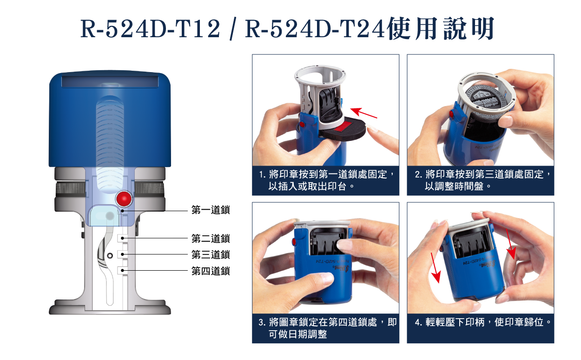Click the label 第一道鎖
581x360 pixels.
211,210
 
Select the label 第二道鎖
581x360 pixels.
211,239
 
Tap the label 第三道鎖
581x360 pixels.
211,254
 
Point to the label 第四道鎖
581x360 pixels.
211,271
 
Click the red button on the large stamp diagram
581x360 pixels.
124,199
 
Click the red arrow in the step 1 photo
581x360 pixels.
363,113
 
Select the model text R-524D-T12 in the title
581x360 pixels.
151,28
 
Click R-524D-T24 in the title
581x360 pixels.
314,28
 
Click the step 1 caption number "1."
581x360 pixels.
262,174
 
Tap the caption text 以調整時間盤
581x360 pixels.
454,187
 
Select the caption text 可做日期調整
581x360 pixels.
298,334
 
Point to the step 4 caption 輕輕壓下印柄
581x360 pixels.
455,322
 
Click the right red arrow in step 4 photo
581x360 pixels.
510,244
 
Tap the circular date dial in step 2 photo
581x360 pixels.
484,102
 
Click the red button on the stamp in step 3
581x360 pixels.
294,241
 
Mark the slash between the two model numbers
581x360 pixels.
233,29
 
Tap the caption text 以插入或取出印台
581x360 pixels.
307,187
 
